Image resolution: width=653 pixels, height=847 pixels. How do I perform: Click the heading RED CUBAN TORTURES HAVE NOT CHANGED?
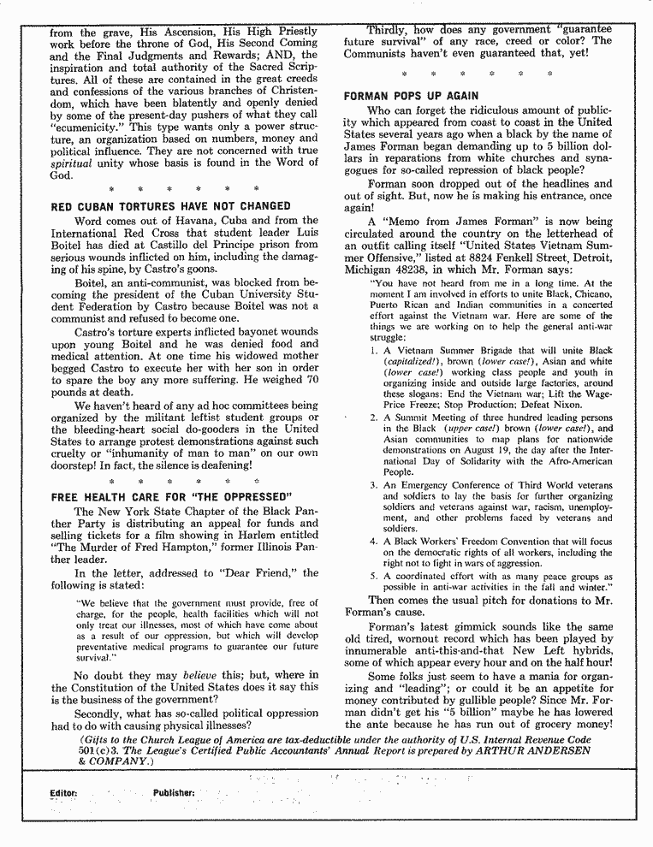(170, 206)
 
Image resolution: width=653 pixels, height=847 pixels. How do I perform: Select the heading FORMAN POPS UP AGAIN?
(411, 96)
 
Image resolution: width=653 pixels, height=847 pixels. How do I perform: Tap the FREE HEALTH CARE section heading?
(172, 497)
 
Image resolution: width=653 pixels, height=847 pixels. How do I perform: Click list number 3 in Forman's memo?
(374, 486)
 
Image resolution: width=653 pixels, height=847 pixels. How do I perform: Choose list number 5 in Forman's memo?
(374, 577)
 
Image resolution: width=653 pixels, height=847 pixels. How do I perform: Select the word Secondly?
(103, 712)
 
